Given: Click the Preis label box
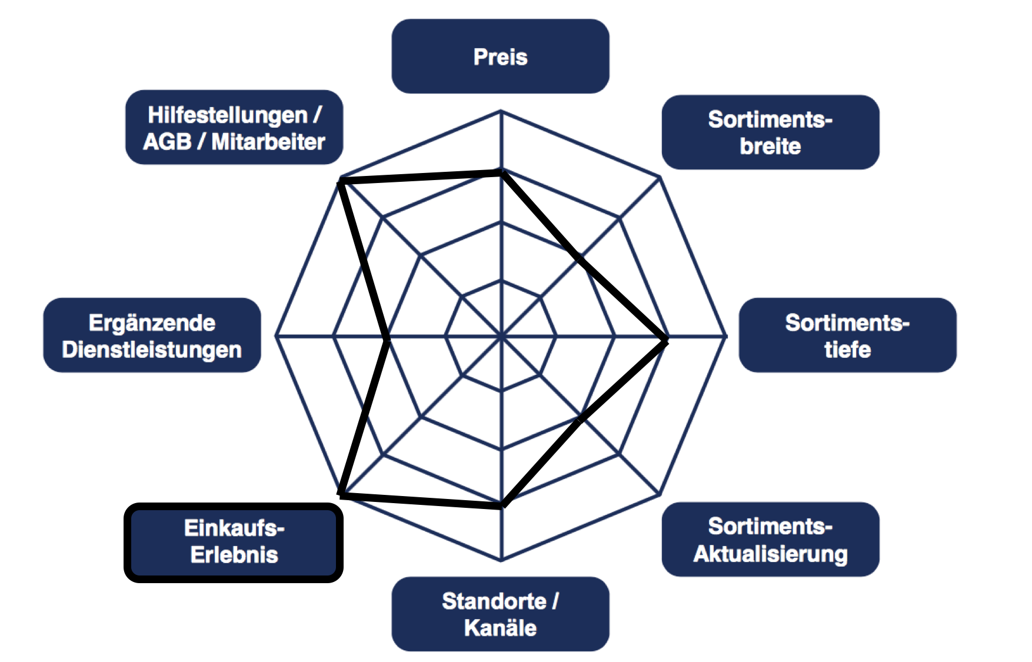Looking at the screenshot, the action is tap(500, 56).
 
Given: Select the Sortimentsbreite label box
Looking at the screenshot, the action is tap(770, 132).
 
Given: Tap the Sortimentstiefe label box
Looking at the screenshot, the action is tap(847, 335).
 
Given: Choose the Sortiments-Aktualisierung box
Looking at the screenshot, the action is tap(770, 539).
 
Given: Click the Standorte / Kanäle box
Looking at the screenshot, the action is tap(500, 614).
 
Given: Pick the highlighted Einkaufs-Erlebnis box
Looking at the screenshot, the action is tap(234, 543).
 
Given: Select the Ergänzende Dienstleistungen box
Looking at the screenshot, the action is tap(152, 335).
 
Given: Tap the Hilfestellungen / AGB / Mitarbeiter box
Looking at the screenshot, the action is tap(234, 127).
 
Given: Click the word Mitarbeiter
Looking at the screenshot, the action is tap(268, 141).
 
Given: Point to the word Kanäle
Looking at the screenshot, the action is tap(500, 628).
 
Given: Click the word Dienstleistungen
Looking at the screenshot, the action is tap(152, 350).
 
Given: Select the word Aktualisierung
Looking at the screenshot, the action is tap(770, 554).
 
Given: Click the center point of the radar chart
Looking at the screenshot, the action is tap(501, 336).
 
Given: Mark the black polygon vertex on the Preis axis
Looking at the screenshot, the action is tap(501, 172).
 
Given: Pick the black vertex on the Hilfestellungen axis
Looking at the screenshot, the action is tap(341, 181).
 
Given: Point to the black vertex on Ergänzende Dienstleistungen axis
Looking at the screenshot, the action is tap(387, 340).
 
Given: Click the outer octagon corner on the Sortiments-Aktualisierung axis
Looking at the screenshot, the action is tap(660, 494).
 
